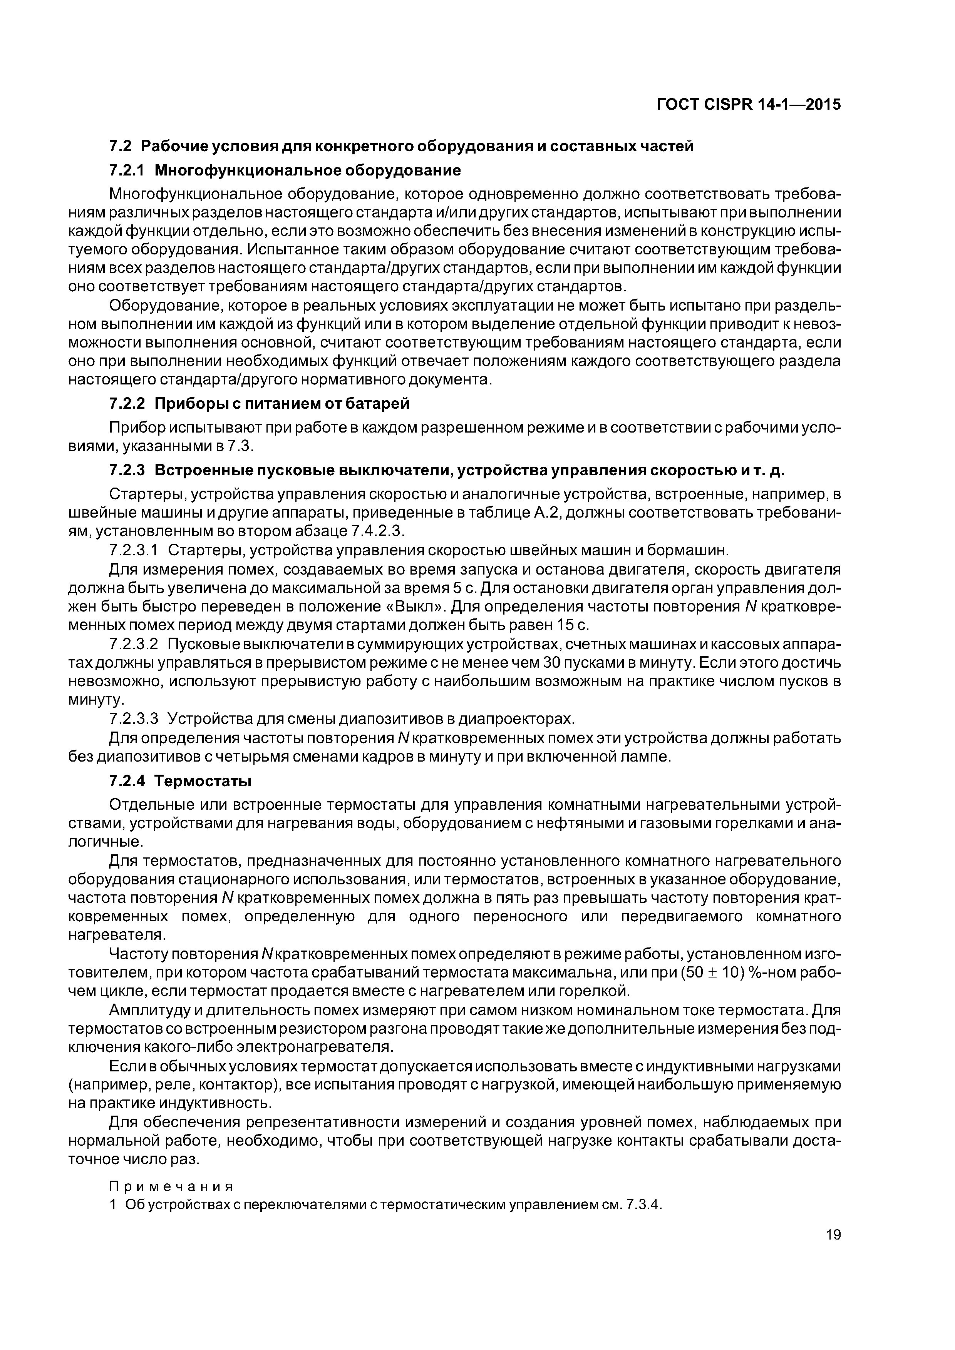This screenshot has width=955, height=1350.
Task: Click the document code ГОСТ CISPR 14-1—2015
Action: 749,105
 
